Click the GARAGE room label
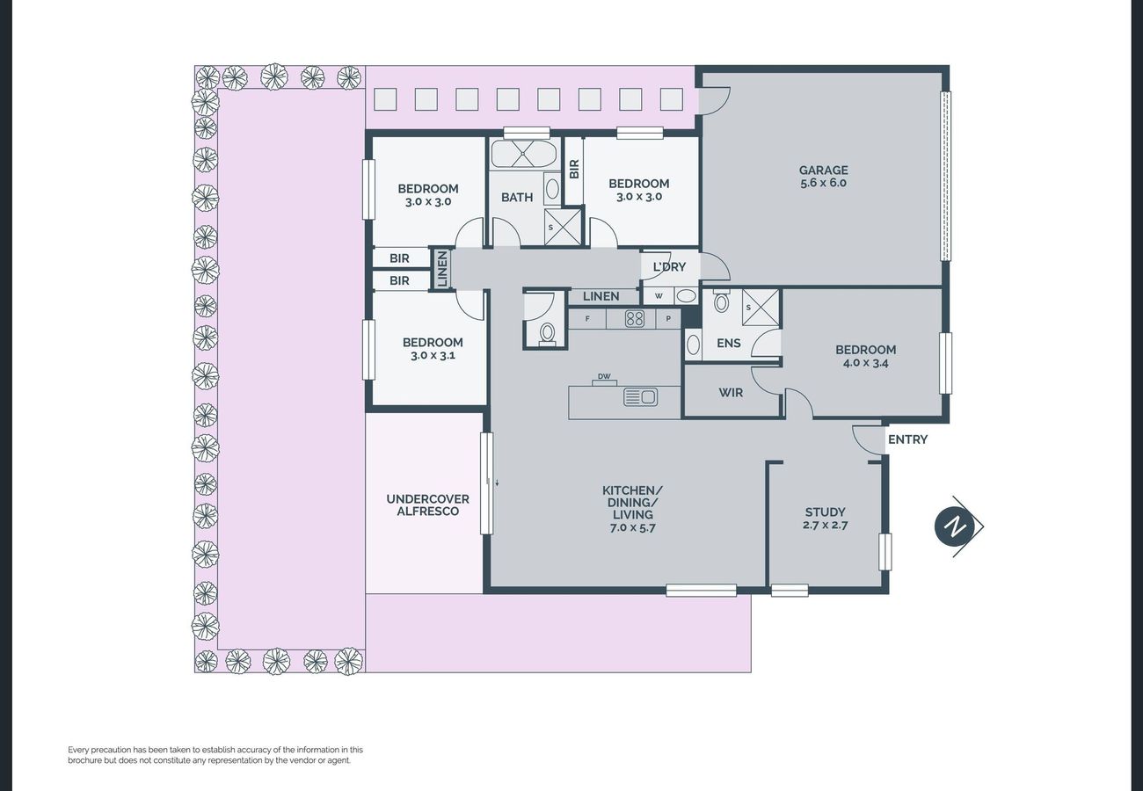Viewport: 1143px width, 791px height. pos(824,171)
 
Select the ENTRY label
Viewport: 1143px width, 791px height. pos(907,439)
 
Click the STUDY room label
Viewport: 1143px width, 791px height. pos(825,512)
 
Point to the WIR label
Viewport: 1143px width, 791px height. pos(731,393)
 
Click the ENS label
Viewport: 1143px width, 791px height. pos(729,344)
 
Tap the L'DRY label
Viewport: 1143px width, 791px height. pos(669,266)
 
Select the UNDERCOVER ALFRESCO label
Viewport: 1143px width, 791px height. pos(427,504)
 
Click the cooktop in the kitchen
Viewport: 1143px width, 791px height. pos(634,319)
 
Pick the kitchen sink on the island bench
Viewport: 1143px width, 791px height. pos(640,396)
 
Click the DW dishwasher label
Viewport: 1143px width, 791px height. pos(604,376)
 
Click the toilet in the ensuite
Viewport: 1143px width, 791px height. pos(720,301)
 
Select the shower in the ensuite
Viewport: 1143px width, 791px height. pos(761,307)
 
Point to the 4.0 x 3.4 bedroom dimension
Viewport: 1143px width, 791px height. pos(865,363)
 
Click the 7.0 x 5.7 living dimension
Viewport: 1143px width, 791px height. pos(633,528)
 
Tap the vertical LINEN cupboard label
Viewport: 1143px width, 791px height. pos(442,269)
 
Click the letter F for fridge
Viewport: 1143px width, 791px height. pos(587,319)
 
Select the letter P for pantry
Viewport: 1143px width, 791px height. pos(668,319)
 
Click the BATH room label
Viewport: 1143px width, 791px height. pos(517,198)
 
